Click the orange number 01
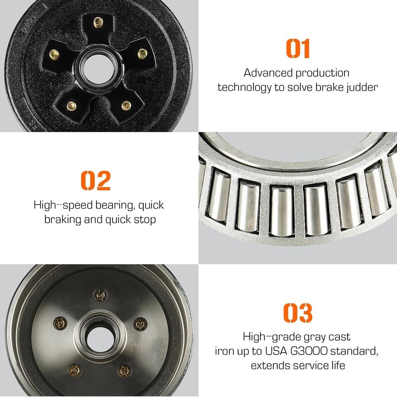298,48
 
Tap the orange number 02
96,180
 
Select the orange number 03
297,313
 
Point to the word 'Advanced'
268,73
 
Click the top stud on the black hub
98,22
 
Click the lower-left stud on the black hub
72,106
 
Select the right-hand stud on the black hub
142,53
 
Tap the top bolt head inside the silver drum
101,295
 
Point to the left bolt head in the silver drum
60,323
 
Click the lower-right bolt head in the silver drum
124,371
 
